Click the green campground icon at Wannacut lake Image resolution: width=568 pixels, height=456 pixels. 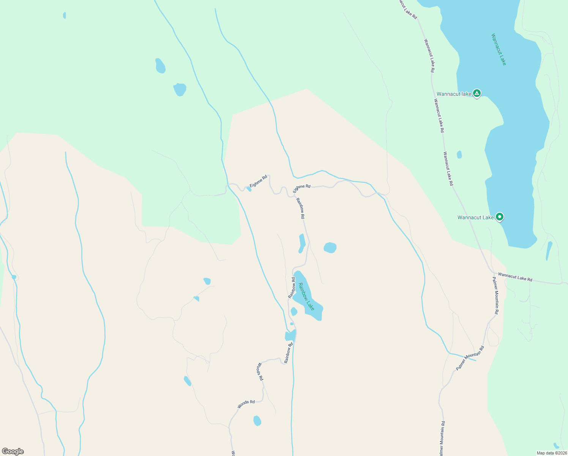pos(477,93)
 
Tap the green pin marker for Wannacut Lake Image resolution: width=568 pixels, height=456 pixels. pos(500,217)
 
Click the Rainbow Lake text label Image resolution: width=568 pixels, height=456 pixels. pos(306,297)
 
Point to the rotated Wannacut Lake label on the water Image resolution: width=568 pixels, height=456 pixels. pos(499,49)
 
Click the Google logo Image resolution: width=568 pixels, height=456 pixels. pos(13,451)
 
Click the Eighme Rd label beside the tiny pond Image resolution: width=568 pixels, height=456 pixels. pos(258,181)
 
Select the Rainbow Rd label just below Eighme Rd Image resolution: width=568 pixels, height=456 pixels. pos(300,208)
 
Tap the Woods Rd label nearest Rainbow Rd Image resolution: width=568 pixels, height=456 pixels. pos(260,372)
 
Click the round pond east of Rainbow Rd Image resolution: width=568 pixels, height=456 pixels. pos(330,248)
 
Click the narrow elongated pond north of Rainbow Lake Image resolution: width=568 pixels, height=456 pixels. pos(302,243)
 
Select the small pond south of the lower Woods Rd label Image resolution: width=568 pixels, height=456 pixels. pos(257,421)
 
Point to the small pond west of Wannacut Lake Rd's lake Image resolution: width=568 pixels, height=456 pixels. pos(459,155)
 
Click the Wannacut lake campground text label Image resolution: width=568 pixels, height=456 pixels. pos(454,94)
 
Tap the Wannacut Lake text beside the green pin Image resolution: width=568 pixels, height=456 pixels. pos(475,217)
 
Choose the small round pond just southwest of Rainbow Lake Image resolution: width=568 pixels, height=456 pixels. pos(294,312)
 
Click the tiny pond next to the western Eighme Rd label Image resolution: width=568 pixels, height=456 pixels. pos(249,189)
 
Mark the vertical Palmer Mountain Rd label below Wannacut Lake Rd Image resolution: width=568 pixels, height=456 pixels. pos(495,295)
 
